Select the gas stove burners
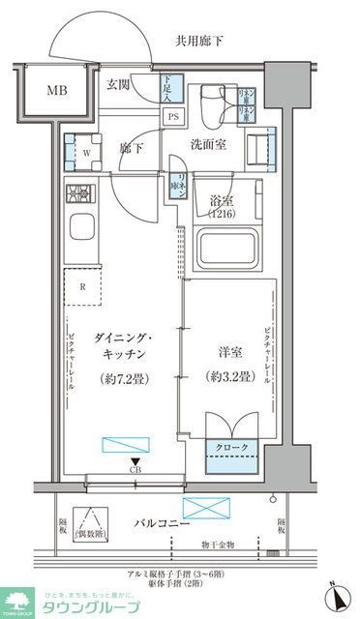[78, 194]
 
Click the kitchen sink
[79, 234]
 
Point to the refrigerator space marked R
[83, 286]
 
